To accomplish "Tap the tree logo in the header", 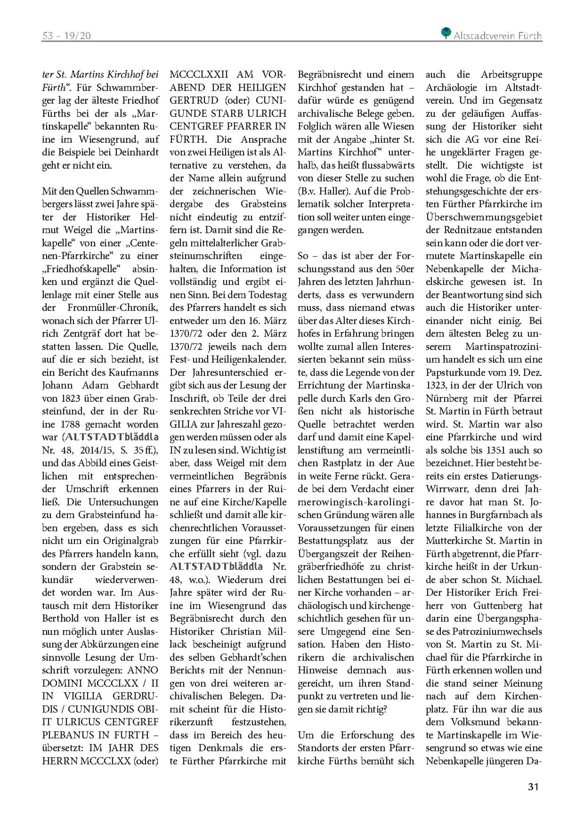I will tap(446, 33).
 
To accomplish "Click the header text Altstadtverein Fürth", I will tap(497, 36).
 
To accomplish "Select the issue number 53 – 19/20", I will tap(66, 36).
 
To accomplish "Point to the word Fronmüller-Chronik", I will tap(113, 308).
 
